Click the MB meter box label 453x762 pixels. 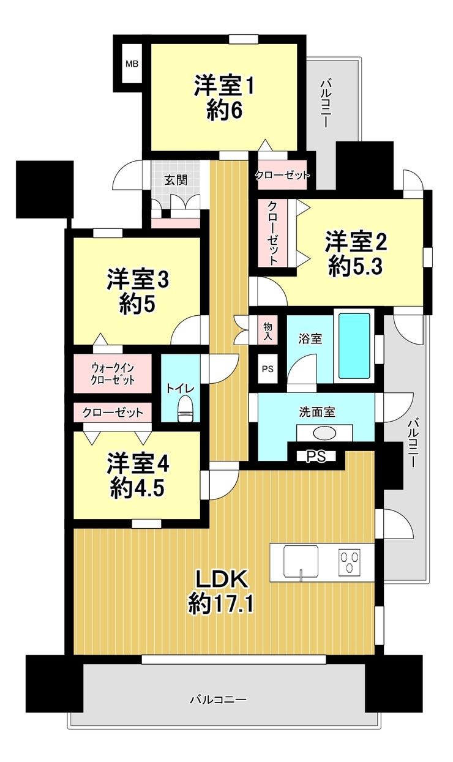pyautogui.click(x=132, y=64)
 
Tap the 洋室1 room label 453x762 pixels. pyautogui.click(x=224, y=86)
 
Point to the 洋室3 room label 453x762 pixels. pyautogui.click(x=138, y=279)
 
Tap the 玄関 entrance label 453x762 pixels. pyautogui.click(x=176, y=180)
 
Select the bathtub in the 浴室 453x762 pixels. pyautogui.click(x=354, y=345)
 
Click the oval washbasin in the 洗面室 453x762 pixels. pyautogui.click(x=324, y=433)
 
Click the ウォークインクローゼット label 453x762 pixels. pyautogui.click(x=113, y=373)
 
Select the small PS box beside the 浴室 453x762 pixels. pyautogui.click(x=268, y=369)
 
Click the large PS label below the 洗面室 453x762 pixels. pyautogui.click(x=316, y=456)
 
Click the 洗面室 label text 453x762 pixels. pyautogui.click(x=317, y=413)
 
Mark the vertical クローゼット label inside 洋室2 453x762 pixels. pyautogui.click(x=272, y=233)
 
